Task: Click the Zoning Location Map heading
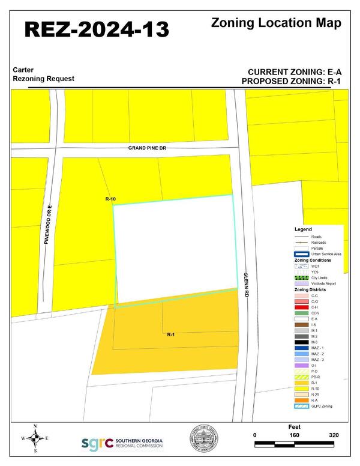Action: point(277,23)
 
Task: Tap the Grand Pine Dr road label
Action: point(146,148)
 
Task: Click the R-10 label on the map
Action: point(110,199)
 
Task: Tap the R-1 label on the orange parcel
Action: point(170,334)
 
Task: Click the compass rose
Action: point(35,438)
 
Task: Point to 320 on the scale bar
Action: point(334,435)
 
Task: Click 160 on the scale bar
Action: point(295,435)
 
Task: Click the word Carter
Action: point(23,70)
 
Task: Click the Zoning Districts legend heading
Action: point(310,289)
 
